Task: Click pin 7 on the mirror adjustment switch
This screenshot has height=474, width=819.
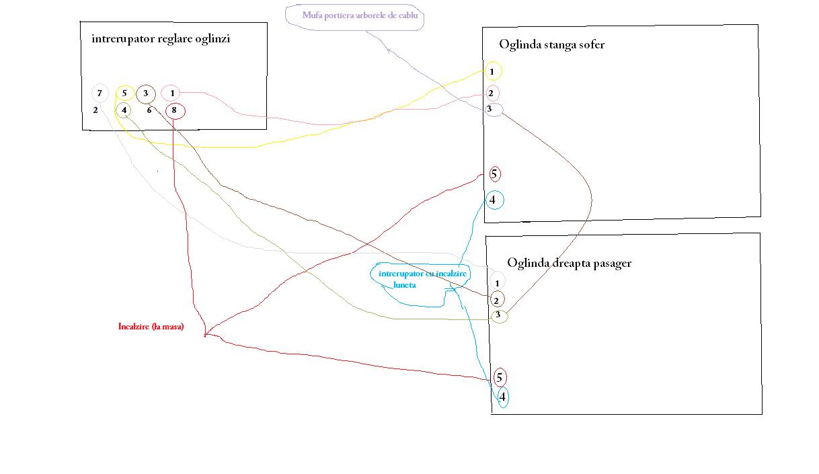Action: [x=100, y=93]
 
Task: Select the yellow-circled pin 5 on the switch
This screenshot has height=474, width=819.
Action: [x=124, y=93]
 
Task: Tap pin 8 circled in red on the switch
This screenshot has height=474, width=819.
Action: [x=175, y=111]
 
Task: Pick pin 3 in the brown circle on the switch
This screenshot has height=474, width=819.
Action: [x=146, y=93]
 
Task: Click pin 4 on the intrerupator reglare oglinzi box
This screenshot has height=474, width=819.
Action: [x=124, y=110]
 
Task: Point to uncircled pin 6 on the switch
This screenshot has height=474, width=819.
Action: [x=149, y=110]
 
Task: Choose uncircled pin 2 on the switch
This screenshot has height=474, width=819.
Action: [x=95, y=110]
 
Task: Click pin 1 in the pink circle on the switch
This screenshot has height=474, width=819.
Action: [x=171, y=93]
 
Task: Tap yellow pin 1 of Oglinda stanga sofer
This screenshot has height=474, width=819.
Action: [x=493, y=71]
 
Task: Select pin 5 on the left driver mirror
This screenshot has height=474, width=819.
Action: [x=495, y=174]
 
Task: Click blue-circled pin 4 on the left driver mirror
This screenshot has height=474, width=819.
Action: [x=494, y=200]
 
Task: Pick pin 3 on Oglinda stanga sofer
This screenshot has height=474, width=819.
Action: [x=494, y=110]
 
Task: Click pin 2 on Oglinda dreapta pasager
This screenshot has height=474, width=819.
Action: [x=498, y=301]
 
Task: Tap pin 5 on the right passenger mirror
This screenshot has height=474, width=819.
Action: [x=500, y=377]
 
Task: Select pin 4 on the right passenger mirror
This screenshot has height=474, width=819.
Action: [x=503, y=397]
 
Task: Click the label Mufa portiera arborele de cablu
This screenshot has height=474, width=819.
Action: [x=360, y=15]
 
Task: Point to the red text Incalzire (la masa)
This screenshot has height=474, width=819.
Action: [x=151, y=326]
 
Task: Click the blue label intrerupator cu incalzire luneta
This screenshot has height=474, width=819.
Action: [x=422, y=279]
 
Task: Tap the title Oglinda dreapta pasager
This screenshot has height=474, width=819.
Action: [x=570, y=263]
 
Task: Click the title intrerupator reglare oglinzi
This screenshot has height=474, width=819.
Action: [x=161, y=39]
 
